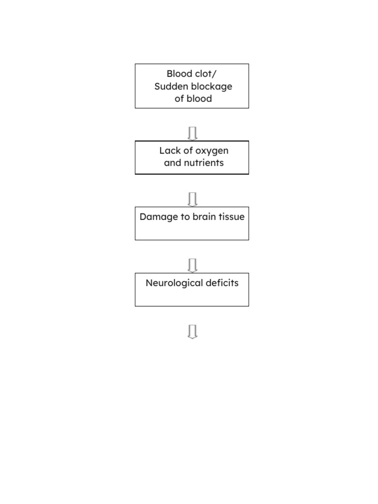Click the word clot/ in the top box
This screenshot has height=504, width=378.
(x=206, y=74)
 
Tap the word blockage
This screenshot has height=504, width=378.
(x=210, y=86)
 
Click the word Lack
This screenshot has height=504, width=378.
(x=170, y=151)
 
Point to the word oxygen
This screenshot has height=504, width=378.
(x=212, y=151)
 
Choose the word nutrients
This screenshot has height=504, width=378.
(x=204, y=163)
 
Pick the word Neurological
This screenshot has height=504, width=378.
(x=173, y=283)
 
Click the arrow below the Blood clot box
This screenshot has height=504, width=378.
(x=192, y=133)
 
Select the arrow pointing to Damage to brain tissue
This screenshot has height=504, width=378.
(x=192, y=199)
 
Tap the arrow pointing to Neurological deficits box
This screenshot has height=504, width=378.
(x=192, y=265)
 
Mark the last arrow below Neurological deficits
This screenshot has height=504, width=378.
(x=192, y=332)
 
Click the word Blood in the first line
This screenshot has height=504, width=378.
(x=179, y=74)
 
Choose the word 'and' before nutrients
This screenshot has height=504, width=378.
(x=173, y=163)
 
